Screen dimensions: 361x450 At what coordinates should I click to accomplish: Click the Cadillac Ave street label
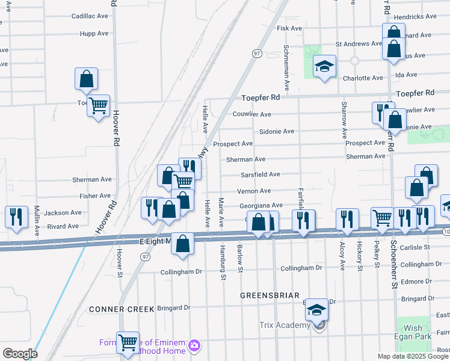click(x=90, y=16)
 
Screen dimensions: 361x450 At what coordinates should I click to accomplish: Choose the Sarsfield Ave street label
click(x=260, y=174)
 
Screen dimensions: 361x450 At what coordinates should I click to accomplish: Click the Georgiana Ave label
click(x=260, y=206)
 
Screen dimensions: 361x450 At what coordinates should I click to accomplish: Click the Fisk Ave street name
click(x=289, y=28)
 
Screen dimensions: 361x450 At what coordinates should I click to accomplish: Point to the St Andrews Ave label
click(x=359, y=44)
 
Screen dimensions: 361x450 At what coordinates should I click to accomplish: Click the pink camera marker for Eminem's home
click(x=194, y=345)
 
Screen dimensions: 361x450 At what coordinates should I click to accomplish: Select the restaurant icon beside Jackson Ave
click(x=17, y=217)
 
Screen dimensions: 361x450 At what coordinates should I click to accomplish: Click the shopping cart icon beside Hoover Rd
click(x=98, y=105)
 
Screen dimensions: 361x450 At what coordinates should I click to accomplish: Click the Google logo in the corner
click(x=20, y=354)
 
